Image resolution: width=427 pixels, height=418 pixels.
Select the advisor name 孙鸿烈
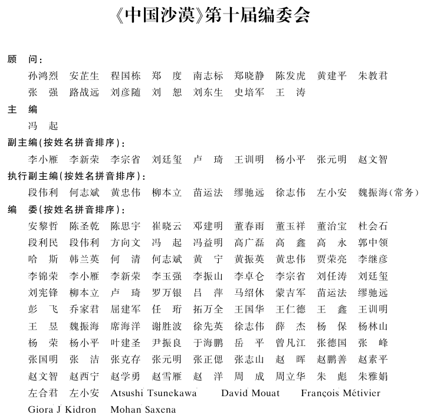[x=42, y=76]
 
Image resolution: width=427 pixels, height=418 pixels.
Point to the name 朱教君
[x=373, y=76]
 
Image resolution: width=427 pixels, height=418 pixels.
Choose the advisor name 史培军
[x=249, y=93]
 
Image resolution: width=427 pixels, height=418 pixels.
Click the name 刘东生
[x=208, y=93]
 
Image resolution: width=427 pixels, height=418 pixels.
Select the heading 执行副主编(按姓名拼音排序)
[x=77, y=176]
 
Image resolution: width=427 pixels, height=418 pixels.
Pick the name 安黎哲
[x=42, y=226]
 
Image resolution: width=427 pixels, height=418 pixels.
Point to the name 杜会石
[x=373, y=226]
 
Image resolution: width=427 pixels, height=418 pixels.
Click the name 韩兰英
[x=84, y=259]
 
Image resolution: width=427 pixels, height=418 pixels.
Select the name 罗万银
[x=166, y=293]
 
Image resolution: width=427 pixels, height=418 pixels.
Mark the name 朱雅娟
[x=373, y=376]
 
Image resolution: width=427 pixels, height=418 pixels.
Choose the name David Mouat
[x=251, y=393]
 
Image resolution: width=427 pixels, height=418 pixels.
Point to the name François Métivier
[x=340, y=393]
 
